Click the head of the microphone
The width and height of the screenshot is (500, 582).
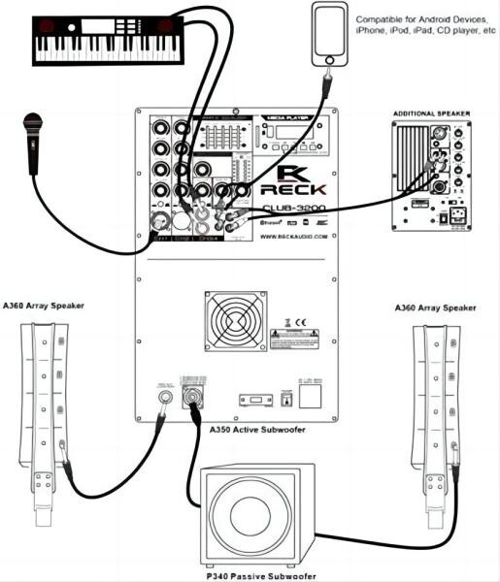(x=35, y=126)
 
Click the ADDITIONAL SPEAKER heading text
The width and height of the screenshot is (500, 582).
(x=431, y=113)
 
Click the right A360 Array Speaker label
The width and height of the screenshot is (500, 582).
(x=436, y=307)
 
